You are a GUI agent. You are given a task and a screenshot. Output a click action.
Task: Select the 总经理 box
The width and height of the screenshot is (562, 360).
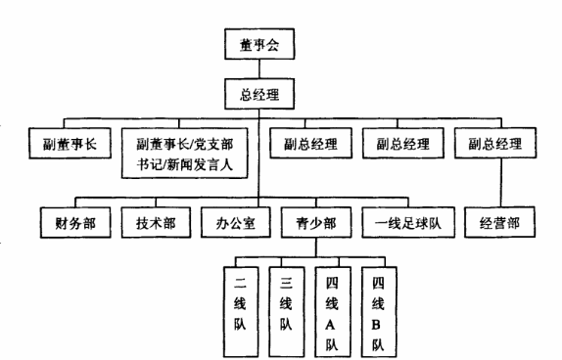click(258, 96)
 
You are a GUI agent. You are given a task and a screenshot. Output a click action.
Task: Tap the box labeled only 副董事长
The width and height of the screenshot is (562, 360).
click(63, 145)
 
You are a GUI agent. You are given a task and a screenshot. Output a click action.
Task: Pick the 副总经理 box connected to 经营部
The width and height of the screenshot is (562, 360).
click(495, 145)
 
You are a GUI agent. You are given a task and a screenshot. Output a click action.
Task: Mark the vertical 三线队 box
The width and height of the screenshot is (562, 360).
click(286, 306)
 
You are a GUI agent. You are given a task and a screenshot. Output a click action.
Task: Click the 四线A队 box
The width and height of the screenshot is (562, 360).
click(332, 306)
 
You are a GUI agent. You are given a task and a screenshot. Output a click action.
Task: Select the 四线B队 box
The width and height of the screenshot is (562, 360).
click(379, 306)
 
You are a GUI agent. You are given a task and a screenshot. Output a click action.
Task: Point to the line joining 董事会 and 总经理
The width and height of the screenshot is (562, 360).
click(258, 70)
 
